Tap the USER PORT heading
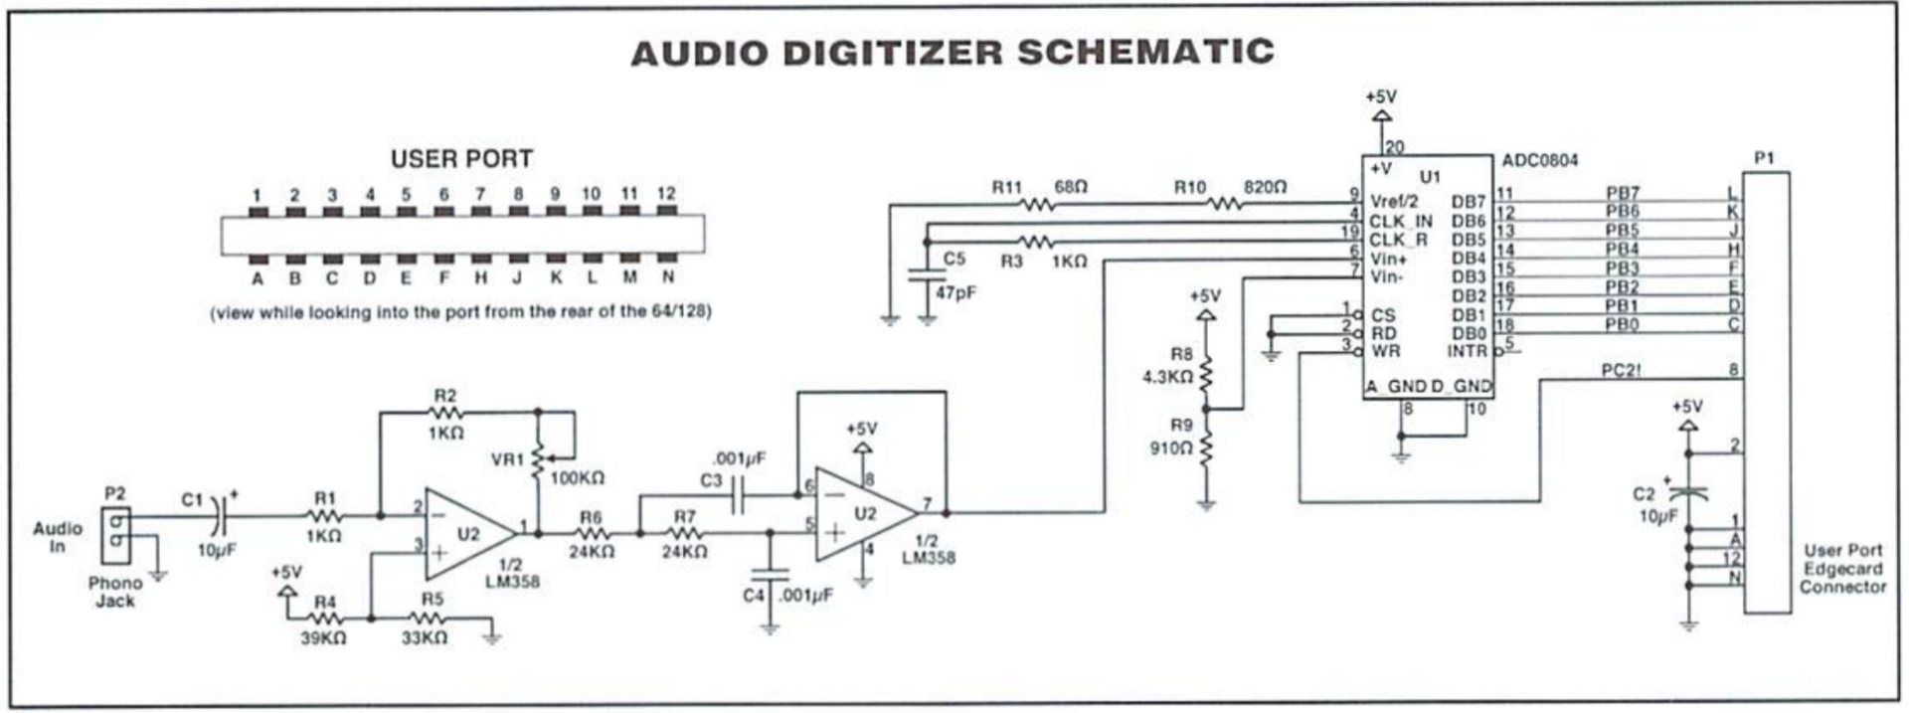(461, 158)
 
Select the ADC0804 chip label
(1539, 160)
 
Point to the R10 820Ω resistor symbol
(1225, 205)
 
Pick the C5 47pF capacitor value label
(954, 293)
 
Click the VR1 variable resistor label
(507, 459)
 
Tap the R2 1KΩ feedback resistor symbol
(445, 412)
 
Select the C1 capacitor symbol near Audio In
(220, 515)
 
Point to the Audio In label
(58, 537)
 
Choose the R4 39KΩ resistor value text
(323, 638)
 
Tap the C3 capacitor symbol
(737, 494)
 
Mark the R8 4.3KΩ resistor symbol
(1206, 374)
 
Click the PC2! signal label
(1621, 371)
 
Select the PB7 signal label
(1622, 193)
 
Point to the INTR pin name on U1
(1468, 351)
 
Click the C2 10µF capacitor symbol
(1688, 492)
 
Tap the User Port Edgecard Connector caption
(1842, 569)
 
